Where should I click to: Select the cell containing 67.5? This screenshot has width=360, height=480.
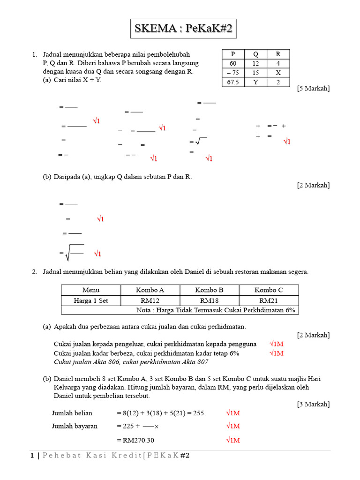(233, 82)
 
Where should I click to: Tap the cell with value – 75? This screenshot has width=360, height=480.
(233, 73)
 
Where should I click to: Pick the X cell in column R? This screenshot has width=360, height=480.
(278, 73)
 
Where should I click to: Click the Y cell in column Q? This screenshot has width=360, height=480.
(255, 82)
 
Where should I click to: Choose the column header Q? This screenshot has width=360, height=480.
(255, 54)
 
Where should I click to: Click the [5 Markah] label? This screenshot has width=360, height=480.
(313, 89)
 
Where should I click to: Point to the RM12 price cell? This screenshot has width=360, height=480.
(150, 300)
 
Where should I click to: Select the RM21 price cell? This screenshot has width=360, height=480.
(269, 300)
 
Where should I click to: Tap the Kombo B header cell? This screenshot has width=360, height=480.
(210, 290)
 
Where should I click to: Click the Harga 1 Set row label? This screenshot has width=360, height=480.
(91, 300)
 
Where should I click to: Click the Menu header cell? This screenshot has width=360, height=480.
(91, 290)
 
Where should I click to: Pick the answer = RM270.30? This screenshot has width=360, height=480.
(135, 440)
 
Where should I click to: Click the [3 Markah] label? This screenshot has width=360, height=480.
(313, 404)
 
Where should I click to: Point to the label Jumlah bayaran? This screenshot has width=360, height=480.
(75, 426)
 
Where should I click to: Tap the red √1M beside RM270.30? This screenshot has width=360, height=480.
(232, 440)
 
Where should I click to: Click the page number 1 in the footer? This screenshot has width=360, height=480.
(31, 456)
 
